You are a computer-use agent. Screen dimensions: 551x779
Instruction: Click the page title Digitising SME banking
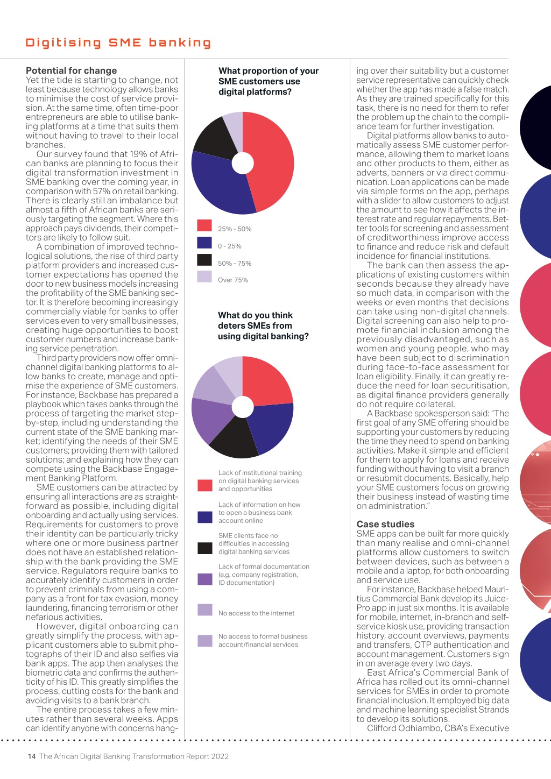tap(118, 43)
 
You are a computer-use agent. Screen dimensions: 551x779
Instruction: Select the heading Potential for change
tap(72, 70)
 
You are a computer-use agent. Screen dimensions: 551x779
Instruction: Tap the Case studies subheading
tap(385, 524)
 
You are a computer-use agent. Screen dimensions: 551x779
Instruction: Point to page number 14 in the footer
tap(32, 756)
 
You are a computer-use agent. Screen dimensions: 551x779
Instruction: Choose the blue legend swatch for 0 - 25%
tap(204, 243)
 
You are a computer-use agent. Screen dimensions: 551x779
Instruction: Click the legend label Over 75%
tap(233, 280)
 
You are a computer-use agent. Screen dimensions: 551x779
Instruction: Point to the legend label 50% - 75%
tap(235, 263)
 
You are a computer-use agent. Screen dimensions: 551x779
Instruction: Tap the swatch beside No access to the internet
tap(205, 610)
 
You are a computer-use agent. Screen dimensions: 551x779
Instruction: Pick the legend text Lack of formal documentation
tap(264, 566)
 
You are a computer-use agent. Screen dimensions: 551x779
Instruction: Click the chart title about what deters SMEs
tap(263, 325)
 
